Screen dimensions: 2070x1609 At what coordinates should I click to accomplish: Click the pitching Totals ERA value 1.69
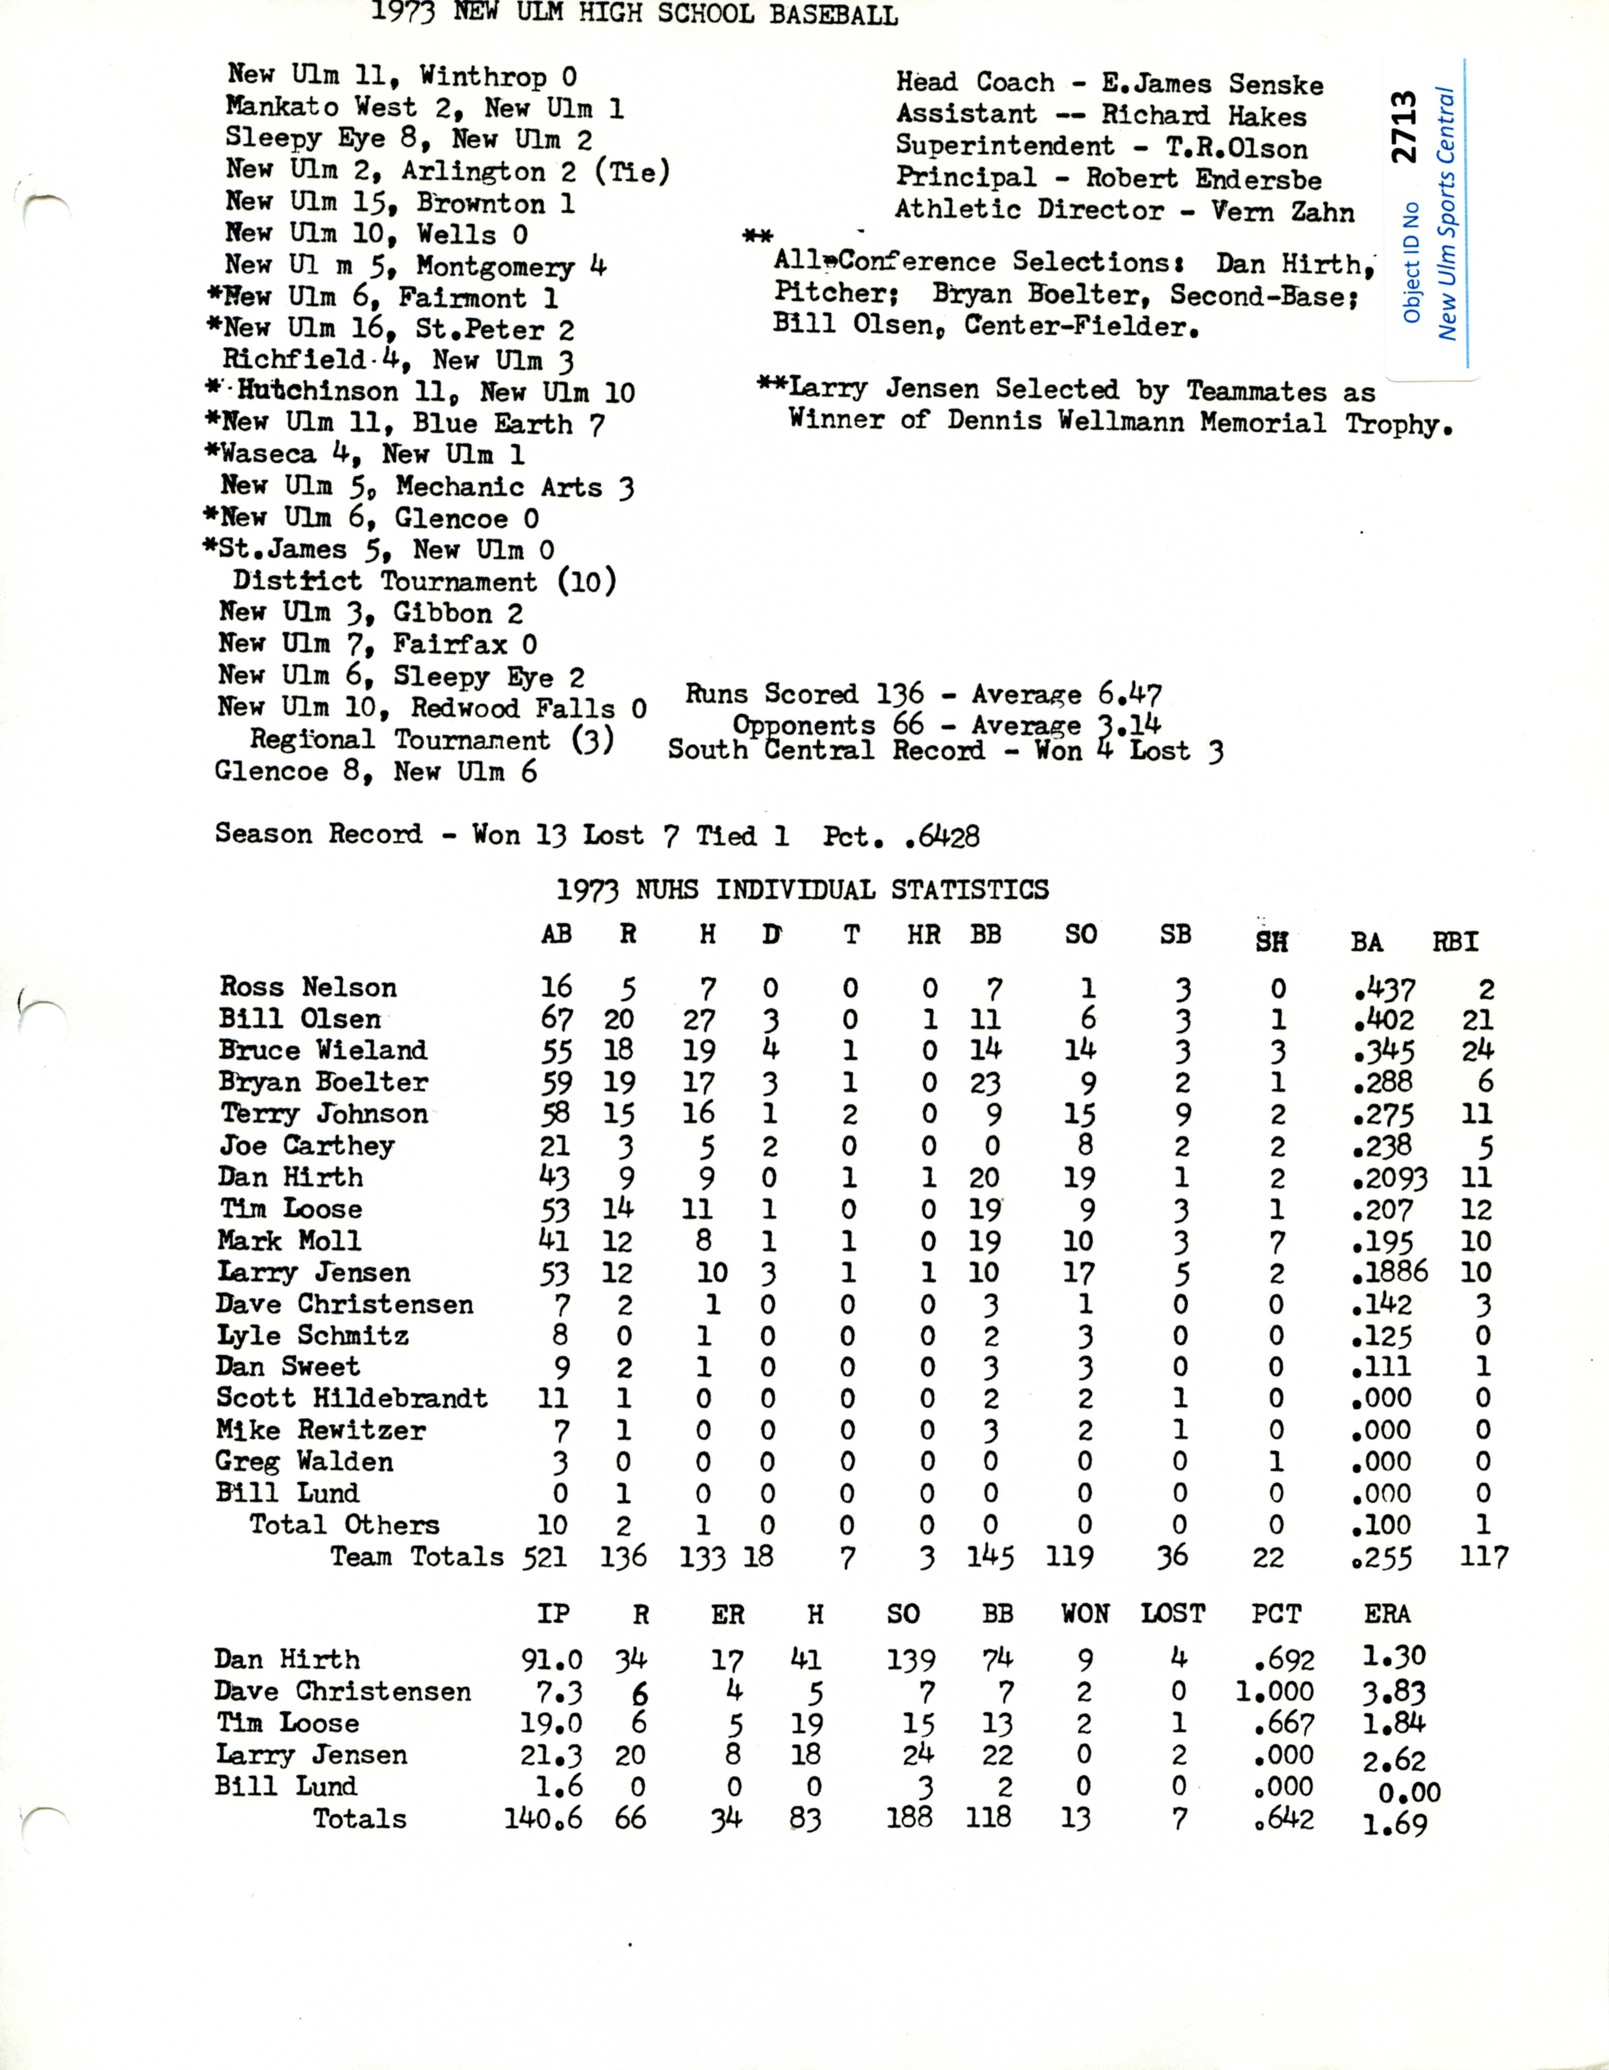click(1394, 1823)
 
